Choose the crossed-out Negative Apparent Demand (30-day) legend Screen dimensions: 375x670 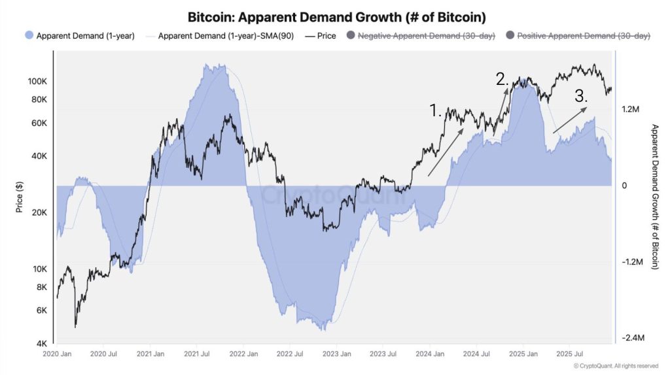[421, 36]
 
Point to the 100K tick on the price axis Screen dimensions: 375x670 [37, 81]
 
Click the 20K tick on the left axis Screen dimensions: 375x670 [38, 212]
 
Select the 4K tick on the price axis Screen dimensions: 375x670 [40, 344]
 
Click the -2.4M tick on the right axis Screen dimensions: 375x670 [634, 338]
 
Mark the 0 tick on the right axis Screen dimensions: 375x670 [624, 186]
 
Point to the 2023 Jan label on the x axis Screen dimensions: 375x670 [336, 353]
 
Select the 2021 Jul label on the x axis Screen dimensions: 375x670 [196, 353]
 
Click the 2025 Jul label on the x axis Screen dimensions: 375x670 [568, 353]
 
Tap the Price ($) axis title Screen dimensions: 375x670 [19, 197]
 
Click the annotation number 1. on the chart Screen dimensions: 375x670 [436, 110]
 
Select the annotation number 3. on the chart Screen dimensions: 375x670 [581, 95]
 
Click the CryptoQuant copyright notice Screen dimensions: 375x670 [611, 366]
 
